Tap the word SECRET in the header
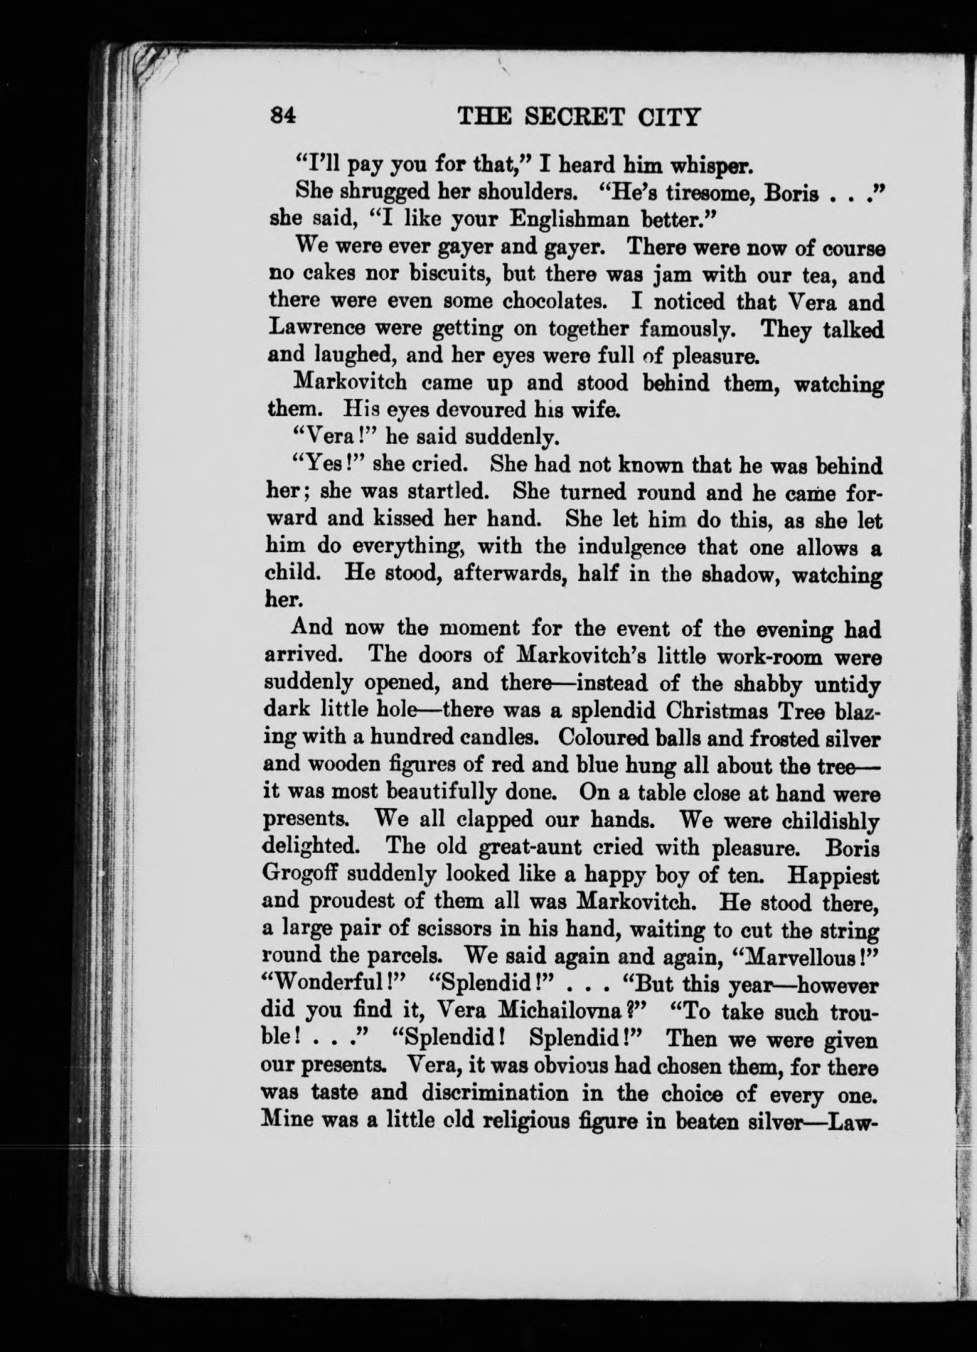[571, 115]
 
